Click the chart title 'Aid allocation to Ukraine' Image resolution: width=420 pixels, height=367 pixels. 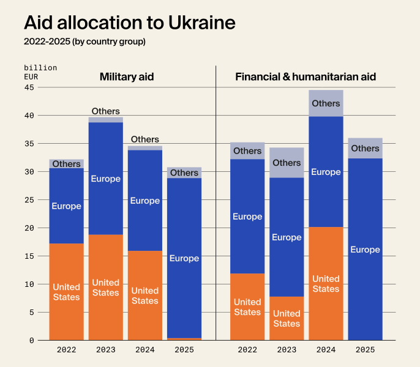129,22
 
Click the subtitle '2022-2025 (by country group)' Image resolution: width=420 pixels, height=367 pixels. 84,42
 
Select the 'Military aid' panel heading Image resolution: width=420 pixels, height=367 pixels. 127,77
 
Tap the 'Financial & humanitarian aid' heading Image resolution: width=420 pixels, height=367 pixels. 306,77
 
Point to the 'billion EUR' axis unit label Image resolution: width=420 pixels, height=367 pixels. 40,72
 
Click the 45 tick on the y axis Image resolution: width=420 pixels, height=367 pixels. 29,87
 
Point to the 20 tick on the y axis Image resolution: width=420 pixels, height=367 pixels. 29,228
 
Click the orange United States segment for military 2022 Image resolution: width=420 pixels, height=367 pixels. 66,292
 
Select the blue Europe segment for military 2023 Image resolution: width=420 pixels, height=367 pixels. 105,179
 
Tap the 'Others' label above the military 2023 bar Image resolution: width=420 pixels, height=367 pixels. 105,111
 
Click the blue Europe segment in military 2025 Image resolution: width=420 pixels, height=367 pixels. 184,258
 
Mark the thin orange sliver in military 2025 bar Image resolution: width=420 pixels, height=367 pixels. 184,339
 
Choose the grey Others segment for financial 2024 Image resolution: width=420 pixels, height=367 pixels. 326,103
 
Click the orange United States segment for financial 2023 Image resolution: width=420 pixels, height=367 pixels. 287,318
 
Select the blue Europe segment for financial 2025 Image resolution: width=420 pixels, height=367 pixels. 365,250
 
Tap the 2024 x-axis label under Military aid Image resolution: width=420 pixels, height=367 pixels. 144,350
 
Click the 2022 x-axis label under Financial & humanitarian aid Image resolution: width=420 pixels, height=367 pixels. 247,350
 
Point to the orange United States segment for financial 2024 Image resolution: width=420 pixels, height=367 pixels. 326,284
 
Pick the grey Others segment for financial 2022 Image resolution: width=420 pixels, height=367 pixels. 247,150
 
